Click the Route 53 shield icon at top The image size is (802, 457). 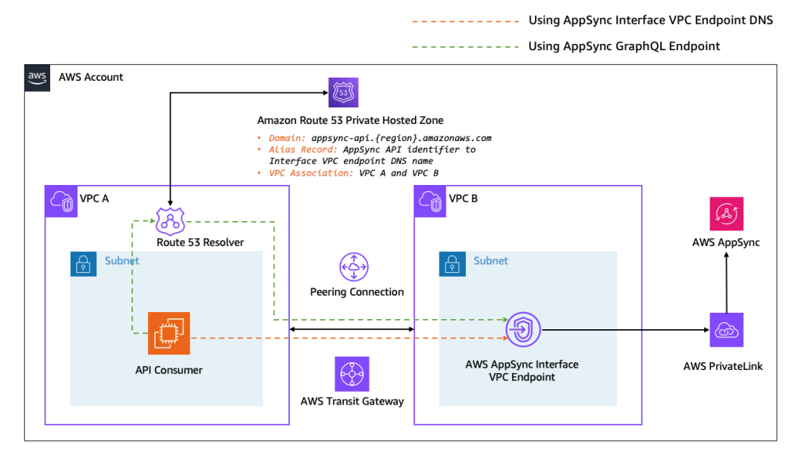tap(343, 92)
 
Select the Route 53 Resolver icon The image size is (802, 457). tap(169, 221)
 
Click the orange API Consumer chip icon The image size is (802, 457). tap(169, 333)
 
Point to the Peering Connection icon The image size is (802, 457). tap(354, 267)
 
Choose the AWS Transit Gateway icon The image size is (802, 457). tap(351, 374)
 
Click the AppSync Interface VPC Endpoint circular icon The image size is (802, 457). tap(523, 329)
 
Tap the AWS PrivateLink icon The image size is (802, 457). tap(726, 331)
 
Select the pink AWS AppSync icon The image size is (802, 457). tap(726, 214)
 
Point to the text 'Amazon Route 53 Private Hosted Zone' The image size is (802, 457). tap(350, 120)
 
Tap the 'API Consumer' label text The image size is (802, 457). tap(168, 370)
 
